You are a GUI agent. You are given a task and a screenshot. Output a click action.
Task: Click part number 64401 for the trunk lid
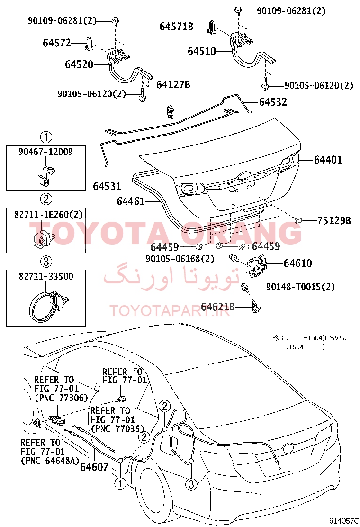pos(328,160)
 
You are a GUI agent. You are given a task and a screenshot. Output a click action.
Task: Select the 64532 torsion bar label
pos(273,102)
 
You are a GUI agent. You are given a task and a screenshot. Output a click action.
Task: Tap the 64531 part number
pos(107,186)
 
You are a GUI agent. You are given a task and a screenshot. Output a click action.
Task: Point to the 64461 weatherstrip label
pos(131,201)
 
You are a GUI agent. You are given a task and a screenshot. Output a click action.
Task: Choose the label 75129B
pos(334,220)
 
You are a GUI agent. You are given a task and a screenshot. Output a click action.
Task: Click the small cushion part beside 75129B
pos(298,220)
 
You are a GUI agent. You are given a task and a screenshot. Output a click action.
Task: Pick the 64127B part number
pos(173,84)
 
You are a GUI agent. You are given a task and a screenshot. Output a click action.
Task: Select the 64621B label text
pos(217,307)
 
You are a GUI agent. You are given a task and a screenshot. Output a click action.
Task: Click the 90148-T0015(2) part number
pos(300,287)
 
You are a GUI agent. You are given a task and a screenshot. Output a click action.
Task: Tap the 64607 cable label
pos(94,467)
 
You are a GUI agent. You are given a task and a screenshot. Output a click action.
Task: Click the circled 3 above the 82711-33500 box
pos(46,261)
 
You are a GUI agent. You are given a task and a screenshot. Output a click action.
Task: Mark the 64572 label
pos(57,43)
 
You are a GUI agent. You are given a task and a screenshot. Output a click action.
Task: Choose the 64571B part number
pos(176,27)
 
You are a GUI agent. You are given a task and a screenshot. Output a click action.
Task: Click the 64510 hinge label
pos(201,51)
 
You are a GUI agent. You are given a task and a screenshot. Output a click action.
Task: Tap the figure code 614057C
pos(343,521)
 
